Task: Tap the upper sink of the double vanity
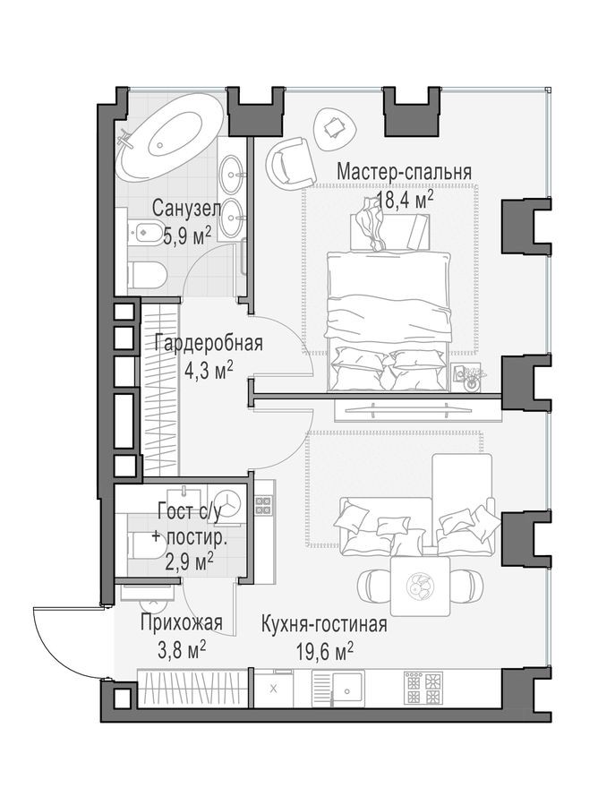click(x=233, y=170)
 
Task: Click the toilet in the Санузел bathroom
click(x=146, y=275)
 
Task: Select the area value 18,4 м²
click(x=404, y=199)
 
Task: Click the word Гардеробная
click(x=208, y=343)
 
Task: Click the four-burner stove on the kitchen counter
click(x=423, y=688)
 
